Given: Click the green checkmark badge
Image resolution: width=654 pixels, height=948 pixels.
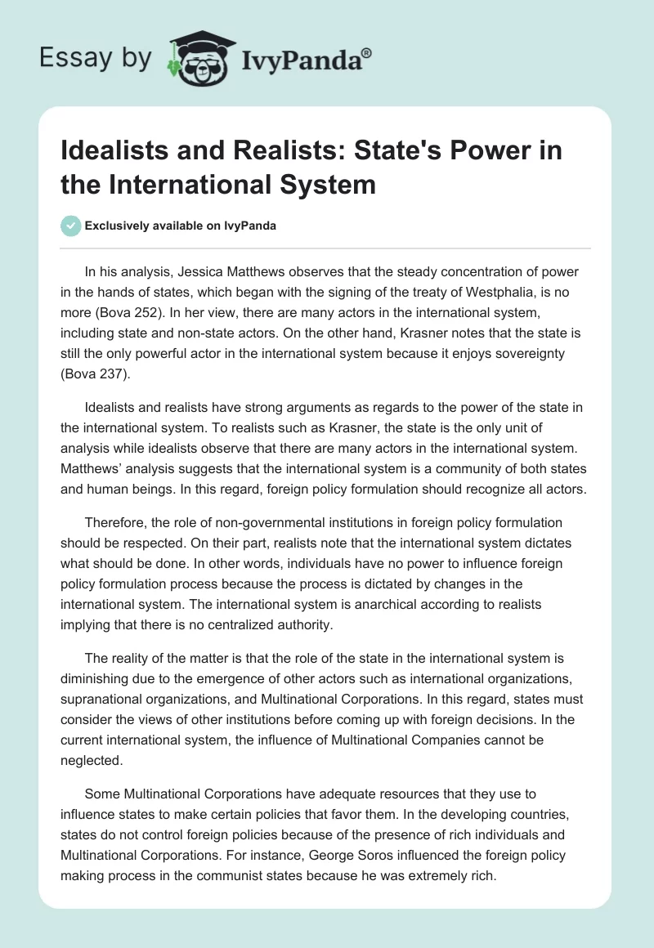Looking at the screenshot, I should (x=70, y=226).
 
